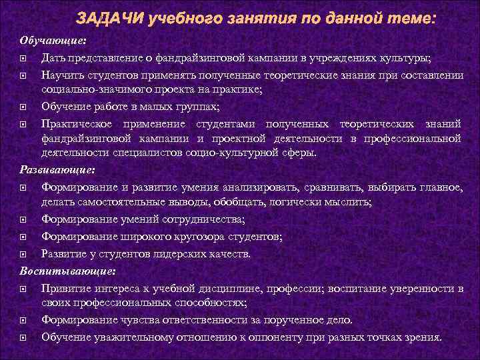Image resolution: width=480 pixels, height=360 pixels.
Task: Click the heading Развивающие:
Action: (57, 169)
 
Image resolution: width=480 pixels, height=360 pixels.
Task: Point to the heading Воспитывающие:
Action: (67, 271)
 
